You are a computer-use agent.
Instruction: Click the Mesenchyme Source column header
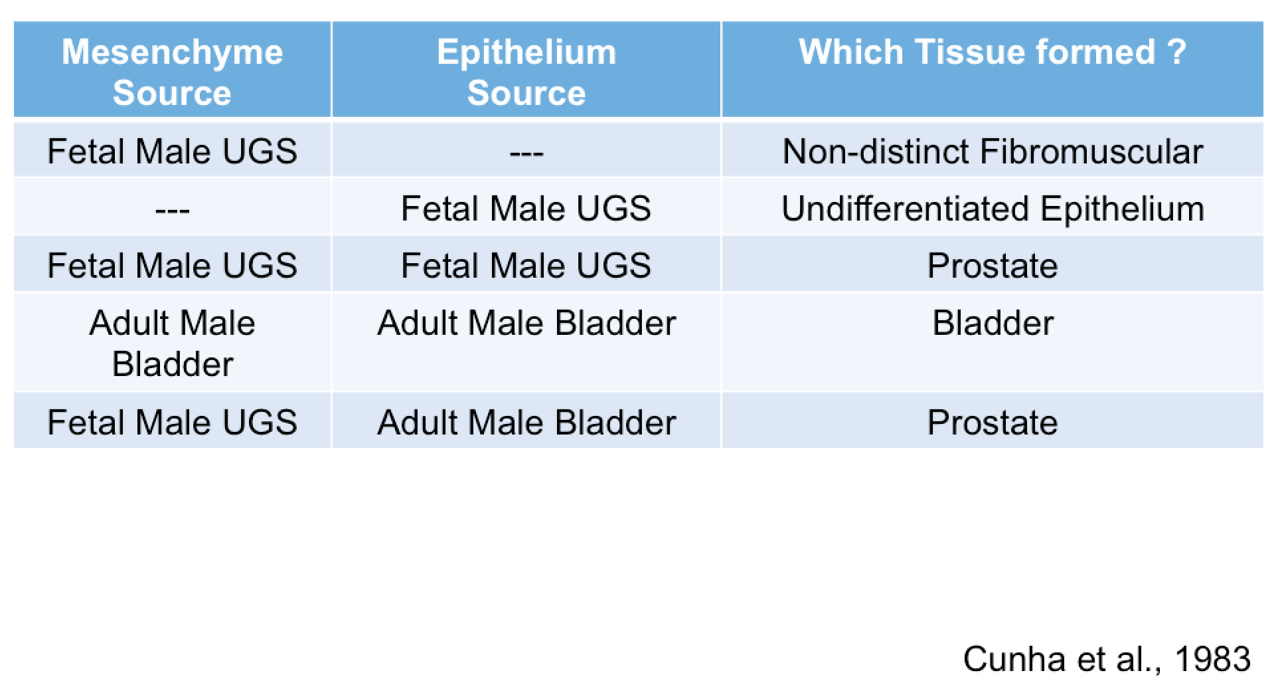(172, 72)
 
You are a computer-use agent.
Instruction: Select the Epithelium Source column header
(526, 72)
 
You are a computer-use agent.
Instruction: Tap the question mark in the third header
(1176, 52)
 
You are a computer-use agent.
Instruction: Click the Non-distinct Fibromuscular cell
(993, 151)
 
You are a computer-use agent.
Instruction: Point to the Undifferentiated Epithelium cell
(993, 209)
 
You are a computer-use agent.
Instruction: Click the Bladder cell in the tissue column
(993, 324)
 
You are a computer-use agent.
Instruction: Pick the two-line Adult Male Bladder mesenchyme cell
(172, 343)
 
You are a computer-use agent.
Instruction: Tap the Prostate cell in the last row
(993, 423)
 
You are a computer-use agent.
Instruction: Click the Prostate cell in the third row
(993, 266)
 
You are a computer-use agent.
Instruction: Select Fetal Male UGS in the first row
(172, 151)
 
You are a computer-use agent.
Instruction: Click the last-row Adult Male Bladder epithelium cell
(526, 423)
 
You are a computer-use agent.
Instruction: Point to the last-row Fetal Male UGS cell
(172, 423)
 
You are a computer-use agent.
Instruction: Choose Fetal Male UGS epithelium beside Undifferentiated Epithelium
(526, 209)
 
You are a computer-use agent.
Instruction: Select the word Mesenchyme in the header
(172, 52)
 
